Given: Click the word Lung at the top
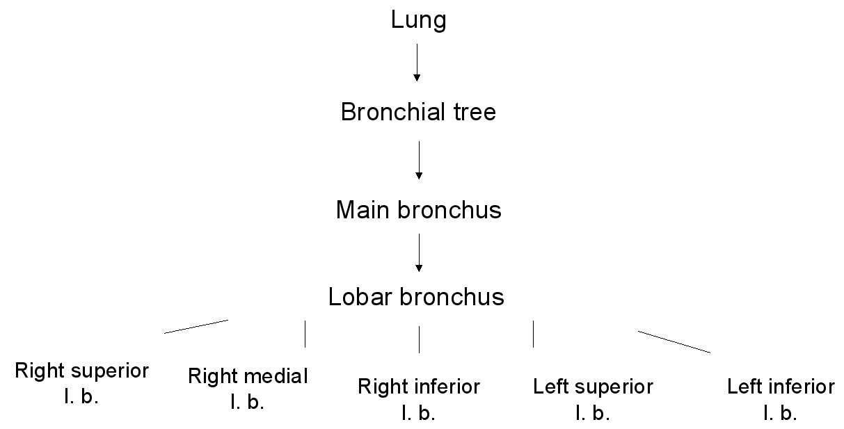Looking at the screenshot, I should click(418, 20).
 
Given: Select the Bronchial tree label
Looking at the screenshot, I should click(418, 112).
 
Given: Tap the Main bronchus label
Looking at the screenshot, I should click(418, 209).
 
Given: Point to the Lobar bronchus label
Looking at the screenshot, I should click(416, 297).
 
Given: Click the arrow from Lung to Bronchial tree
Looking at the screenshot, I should click(417, 63).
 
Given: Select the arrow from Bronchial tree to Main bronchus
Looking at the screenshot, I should click(418, 160).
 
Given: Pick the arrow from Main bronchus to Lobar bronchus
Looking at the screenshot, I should click(418, 252).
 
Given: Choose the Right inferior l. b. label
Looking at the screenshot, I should click(418, 398).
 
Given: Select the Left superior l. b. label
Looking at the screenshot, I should click(593, 398).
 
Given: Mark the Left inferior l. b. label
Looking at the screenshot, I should click(780, 398).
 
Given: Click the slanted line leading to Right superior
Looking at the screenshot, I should click(196, 327).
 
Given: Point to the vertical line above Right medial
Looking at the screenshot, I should click(305, 334).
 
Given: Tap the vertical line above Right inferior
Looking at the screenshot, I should click(419, 339).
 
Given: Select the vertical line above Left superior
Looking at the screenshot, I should click(533, 334).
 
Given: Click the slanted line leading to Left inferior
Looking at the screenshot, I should click(674, 342).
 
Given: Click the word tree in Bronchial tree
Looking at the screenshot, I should click(472, 112).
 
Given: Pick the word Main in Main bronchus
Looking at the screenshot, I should click(364, 209).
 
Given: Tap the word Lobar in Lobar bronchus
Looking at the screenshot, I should click(360, 297).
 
